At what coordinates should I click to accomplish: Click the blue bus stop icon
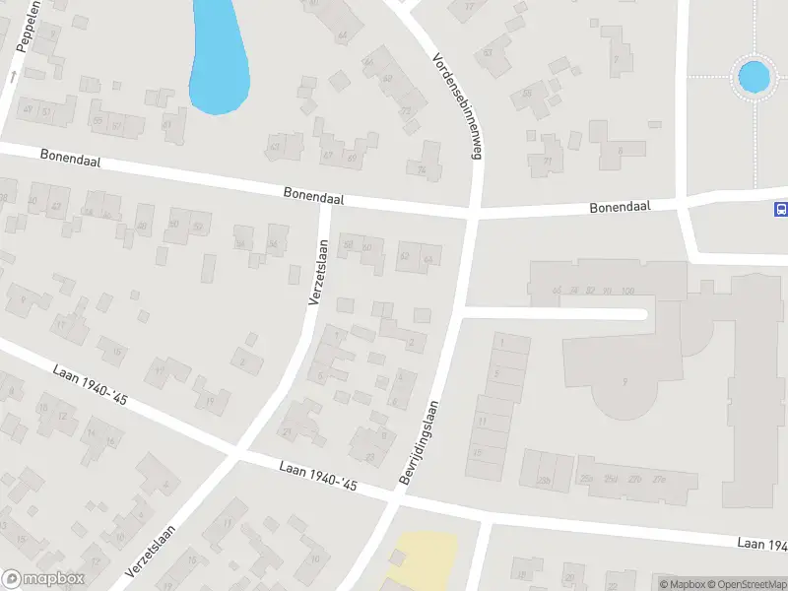(781, 208)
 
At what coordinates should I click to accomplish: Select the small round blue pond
(754, 76)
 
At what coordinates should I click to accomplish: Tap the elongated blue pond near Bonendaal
(218, 55)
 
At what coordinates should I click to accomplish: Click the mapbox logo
(43, 579)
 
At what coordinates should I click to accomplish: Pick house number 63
(273, 149)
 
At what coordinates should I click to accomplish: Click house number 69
(352, 158)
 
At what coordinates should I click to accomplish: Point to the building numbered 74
(423, 170)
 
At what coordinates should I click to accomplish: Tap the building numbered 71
(548, 162)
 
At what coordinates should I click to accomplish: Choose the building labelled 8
(620, 151)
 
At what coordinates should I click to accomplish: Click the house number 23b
(543, 480)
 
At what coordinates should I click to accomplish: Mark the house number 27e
(660, 480)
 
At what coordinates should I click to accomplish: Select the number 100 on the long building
(627, 291)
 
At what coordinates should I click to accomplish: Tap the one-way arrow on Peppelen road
(14, 74)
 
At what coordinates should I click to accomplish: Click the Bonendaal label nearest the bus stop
(622, 208)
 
